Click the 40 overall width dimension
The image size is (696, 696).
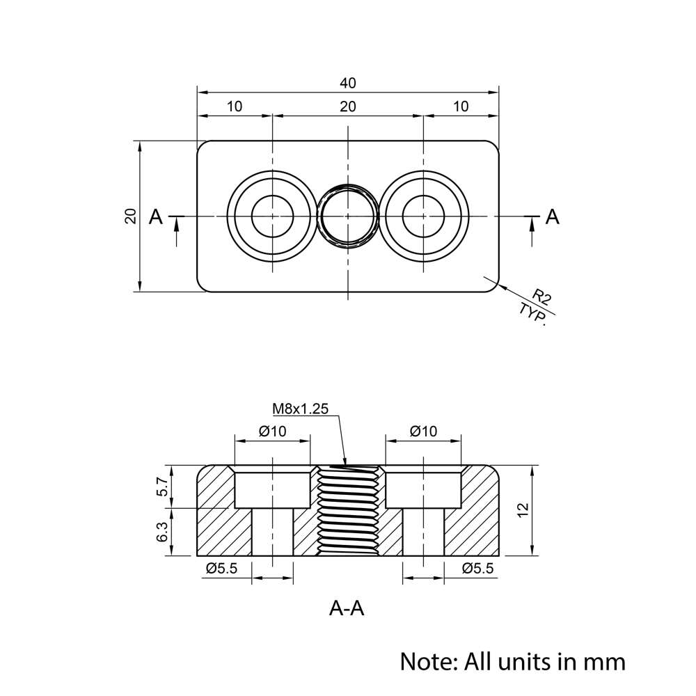(x=348, y=83)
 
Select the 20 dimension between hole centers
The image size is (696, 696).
(x=348, y=106)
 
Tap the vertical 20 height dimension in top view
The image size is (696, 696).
(x=130, y=216)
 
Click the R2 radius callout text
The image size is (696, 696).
(x=542, y=299)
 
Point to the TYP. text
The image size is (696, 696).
(x=532, y=315)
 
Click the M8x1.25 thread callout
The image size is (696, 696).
(x=300, y=409)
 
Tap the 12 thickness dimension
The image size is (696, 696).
(x=524, y=510)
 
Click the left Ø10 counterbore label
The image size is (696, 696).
(x=272, y=432)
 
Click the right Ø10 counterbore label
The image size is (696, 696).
(x=423, y=432)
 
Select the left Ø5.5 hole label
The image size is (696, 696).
(x=221, y=569)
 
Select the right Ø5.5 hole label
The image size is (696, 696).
(x=477, y=569)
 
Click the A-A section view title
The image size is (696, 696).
(x=347, y=609)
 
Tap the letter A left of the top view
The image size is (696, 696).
(x=156, y=217)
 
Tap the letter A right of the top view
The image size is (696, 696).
(x=552, y=216)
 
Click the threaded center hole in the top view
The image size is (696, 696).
(x=347, y=216)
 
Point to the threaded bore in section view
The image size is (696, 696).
(x=347, y=512)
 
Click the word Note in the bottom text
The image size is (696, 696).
(x=425, y=660)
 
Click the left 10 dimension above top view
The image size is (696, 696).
(x=235, y=106)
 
